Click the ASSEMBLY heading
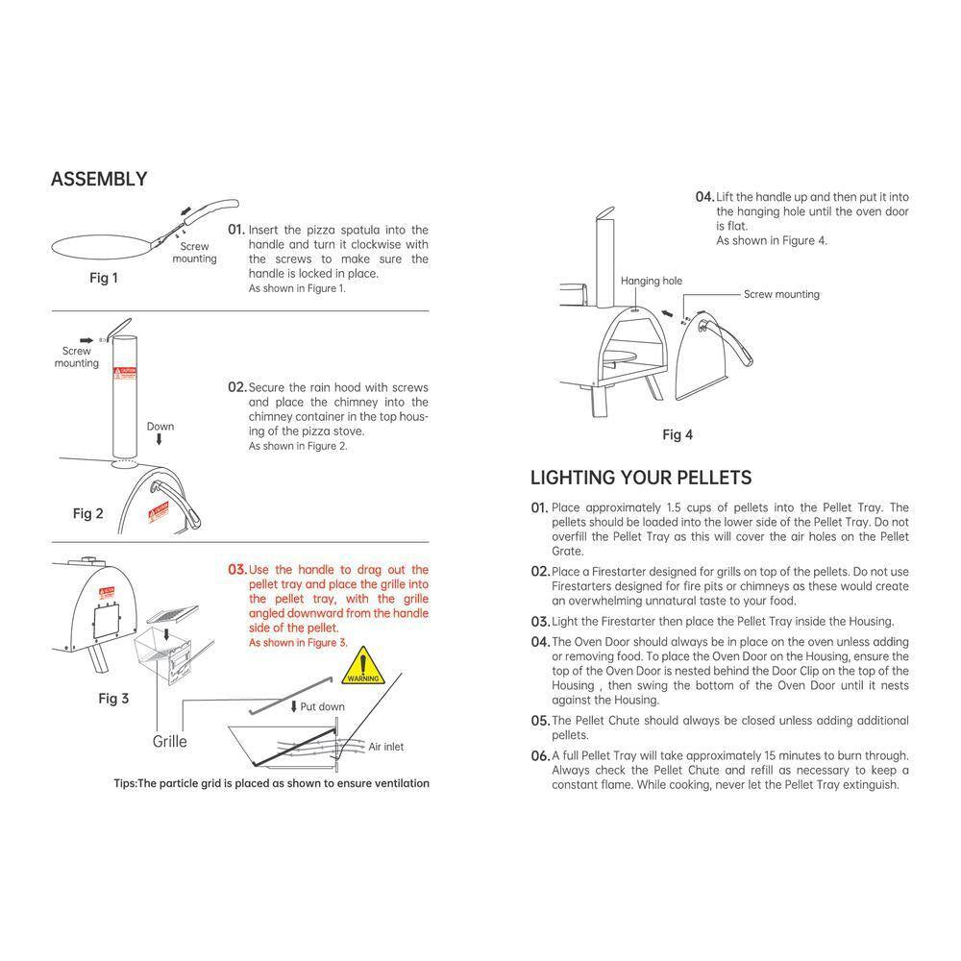99,179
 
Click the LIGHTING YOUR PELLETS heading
641,478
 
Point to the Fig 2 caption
87,513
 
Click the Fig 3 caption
113,699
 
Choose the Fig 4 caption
678,434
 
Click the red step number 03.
236,570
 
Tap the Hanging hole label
651,281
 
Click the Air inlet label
386,746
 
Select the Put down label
322,706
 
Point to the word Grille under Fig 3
170,741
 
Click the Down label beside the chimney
160,426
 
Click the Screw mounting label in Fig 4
781,294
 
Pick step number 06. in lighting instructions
539,756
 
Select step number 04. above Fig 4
704,197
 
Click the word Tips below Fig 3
125,783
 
